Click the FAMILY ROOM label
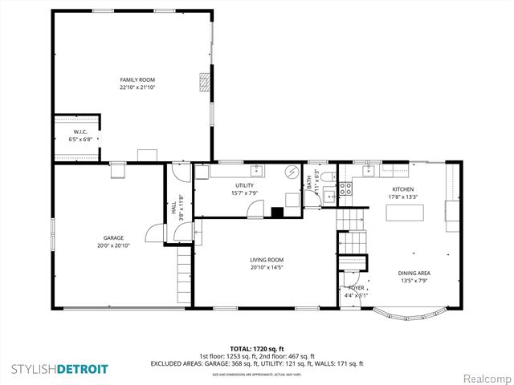pos(137,79)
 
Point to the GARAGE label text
pos(112,238)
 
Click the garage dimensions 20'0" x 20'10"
pos(112,245)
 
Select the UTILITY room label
pos(244,185)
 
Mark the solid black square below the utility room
pos(277,213)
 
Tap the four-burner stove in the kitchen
pos(344,189)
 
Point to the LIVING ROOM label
pos(267,260)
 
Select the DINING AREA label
pos(414,274)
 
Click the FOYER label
pos(356,287)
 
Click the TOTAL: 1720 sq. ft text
pos(257,349)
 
